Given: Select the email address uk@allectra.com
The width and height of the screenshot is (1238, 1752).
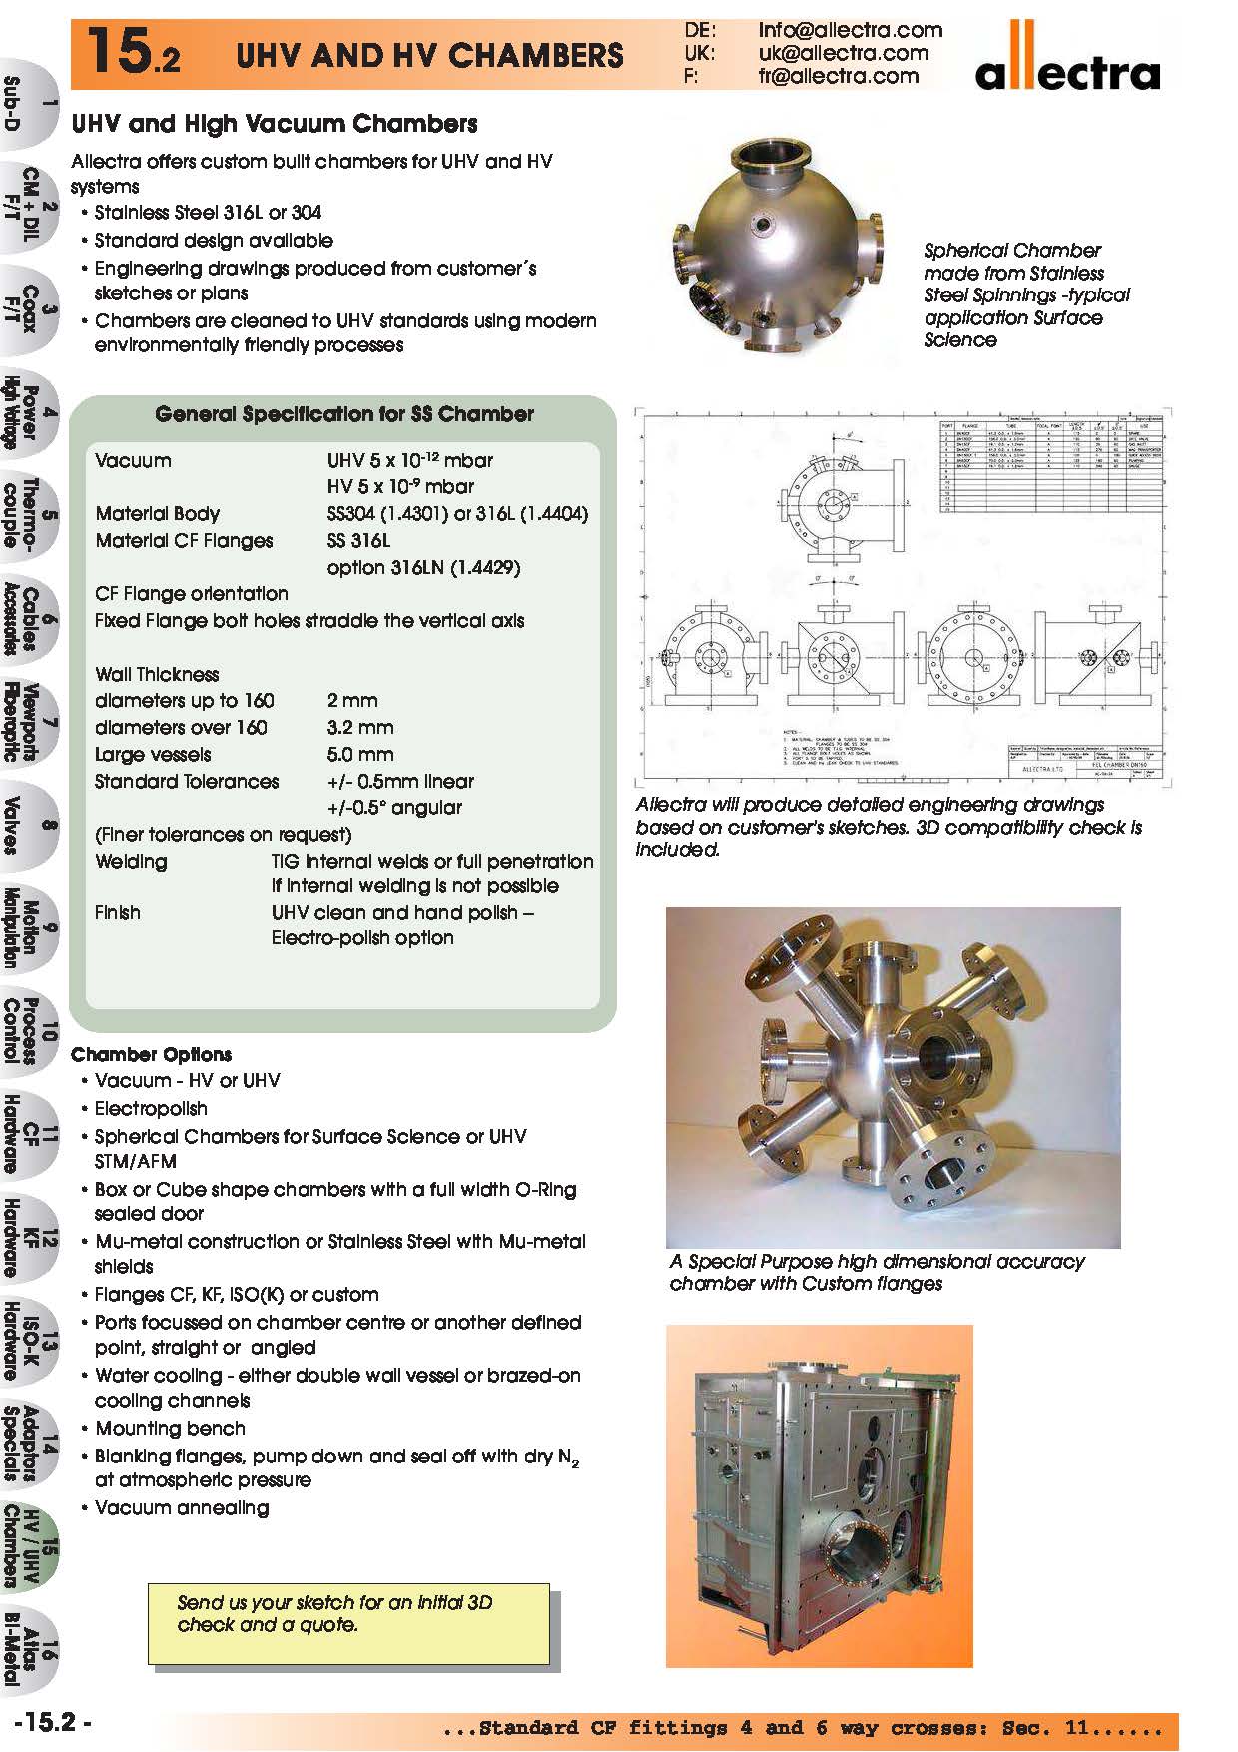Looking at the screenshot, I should click(843, 53).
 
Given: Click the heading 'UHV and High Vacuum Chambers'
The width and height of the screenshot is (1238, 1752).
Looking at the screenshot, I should click(274, 124).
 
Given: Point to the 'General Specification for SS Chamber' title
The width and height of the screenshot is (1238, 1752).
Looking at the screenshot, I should click(343, 414).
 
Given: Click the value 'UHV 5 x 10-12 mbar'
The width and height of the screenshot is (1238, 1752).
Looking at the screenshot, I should click(409, 461).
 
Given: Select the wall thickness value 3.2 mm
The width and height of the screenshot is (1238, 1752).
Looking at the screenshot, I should click(359, 728).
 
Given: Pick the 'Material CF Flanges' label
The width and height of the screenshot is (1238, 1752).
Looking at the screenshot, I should click(184, 541).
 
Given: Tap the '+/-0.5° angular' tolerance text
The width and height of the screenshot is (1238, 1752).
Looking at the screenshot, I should click(394, 808).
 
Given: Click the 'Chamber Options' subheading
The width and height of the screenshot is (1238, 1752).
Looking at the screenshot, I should click(151, 1055).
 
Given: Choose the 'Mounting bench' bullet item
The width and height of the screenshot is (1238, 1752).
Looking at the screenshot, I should click(169, 1429).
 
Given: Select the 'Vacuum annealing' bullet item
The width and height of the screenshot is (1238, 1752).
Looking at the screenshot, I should click(181, 1508).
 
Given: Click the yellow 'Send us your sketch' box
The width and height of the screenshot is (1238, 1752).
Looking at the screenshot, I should click(348, 1623).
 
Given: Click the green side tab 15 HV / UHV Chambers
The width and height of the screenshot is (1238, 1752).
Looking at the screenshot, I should click(30, 1546).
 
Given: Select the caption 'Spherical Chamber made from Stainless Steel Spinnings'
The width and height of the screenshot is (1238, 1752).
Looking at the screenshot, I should click(1025, 294).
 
